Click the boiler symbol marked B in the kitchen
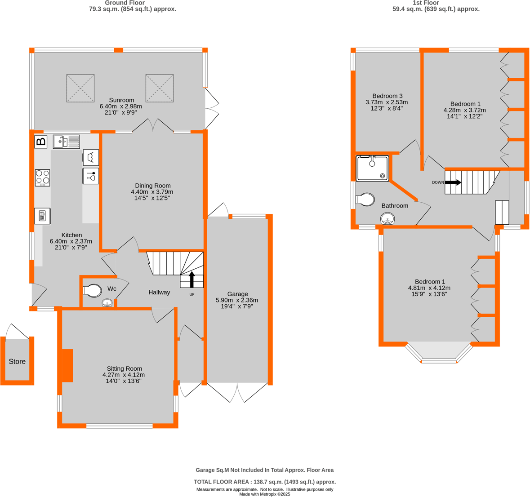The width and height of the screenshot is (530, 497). click(41, 142)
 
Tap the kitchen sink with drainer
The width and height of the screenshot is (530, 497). click(67, 142)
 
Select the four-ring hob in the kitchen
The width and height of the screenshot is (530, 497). click(43, 177)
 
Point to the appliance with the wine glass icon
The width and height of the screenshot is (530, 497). click(91, 176)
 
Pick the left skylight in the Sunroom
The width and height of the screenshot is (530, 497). click(80, 88)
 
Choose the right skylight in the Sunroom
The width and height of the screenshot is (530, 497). click(160, 88)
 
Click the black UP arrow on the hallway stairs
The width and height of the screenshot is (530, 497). click(192, 280)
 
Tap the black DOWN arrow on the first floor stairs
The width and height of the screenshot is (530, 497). click(453, 182)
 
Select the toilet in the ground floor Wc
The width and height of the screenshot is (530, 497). click(93, 291)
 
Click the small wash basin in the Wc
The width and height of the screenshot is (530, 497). click(107, 303)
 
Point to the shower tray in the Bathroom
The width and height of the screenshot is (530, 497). click(373, 169)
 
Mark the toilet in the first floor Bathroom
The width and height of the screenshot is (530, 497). click(365, 200)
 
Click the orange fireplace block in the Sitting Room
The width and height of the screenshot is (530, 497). click(67, 365)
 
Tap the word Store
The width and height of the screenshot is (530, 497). click(18, 361)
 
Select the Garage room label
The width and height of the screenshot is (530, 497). click(237, 294)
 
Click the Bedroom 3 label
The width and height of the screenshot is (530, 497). click(387, 96)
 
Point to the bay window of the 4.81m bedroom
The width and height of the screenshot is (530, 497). click(439, 353)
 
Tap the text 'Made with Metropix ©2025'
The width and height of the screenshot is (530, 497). click(265, 494)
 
